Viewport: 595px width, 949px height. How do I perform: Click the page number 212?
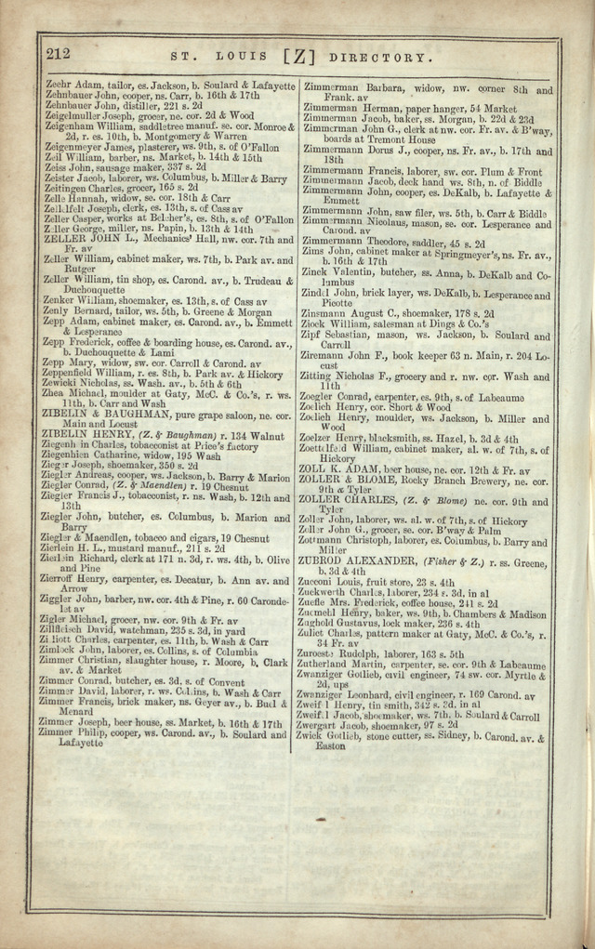click(57, 54)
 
